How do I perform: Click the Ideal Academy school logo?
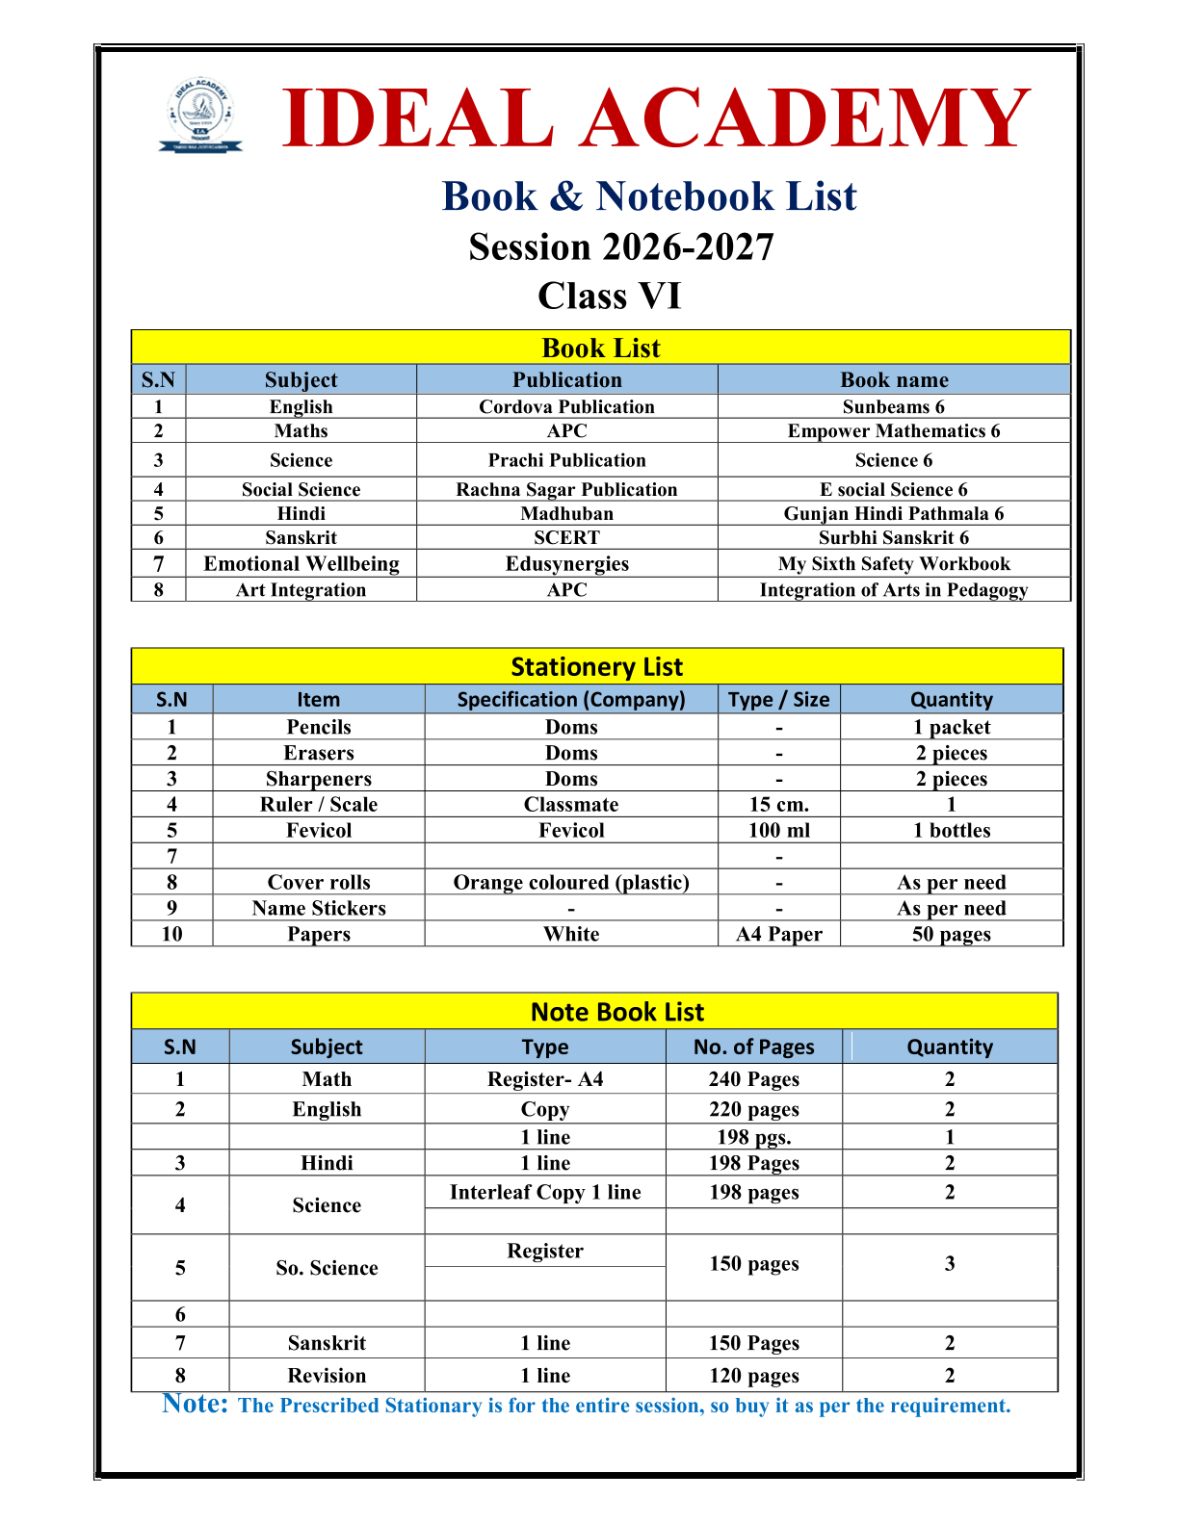[x=200, y=116]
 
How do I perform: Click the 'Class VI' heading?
[x=609, y=296]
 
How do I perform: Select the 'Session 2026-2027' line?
[x=621, y=247]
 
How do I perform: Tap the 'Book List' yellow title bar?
[x=601, y=348]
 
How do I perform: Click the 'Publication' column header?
[x=566, y=379]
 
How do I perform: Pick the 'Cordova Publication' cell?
[x=566, y=406]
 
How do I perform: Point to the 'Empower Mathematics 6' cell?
[x=893, y=430]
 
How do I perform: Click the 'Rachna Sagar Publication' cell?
[x=566, y=489]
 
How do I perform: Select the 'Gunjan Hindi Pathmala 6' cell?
[x=893, y=513]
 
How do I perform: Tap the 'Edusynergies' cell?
[x=566, y=563]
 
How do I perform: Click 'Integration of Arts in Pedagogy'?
[x=893, y=589]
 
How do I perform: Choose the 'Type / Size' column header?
[x=778, y=699]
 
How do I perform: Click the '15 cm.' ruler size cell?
[x=778, y=804]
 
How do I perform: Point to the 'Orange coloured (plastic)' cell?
[x=571, y=882]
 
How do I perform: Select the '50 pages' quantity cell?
[x=951, y=934]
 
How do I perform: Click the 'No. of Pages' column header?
[x=753, y=1047]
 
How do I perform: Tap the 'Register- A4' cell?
[x=545, y=1079]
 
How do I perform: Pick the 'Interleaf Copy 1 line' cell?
[x=545, y=1192]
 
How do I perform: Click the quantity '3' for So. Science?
[x=950, y=1263]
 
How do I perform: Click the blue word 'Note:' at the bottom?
[x=195, y=1404]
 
